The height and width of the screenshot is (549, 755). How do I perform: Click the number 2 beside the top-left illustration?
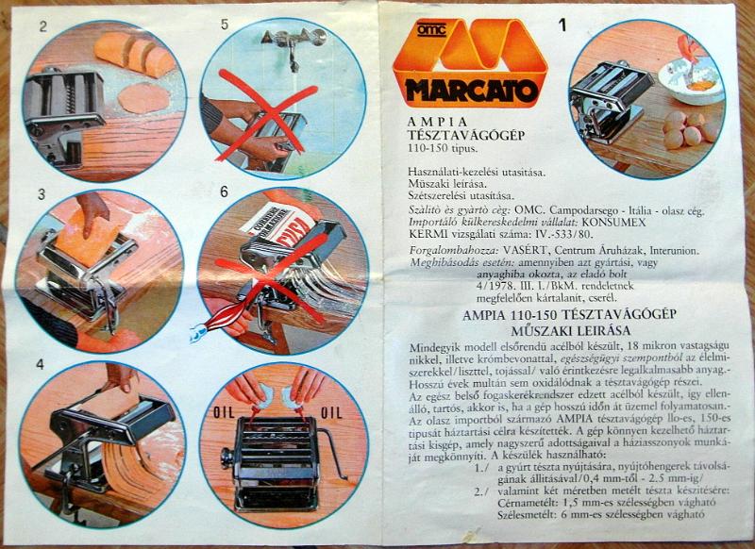tap(42, 25)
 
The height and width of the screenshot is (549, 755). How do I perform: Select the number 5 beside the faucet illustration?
tap(225, 25)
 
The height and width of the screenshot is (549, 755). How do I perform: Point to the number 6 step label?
tap(225, 191)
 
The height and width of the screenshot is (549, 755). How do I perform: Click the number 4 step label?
tap(41, 364)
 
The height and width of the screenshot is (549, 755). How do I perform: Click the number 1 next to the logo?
tap(563, 26)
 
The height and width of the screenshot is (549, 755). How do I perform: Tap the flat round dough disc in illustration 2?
tap(142, 97)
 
